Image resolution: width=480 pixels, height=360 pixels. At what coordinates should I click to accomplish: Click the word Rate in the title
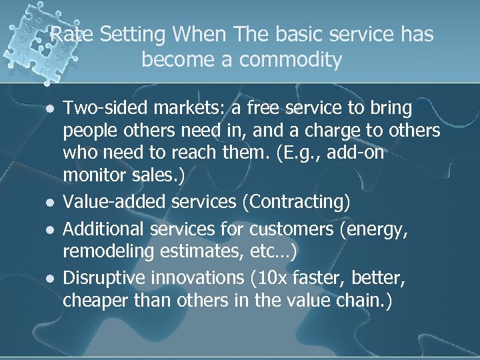pos(70,35)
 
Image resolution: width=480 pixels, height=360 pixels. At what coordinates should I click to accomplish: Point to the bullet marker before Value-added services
pos(46,203)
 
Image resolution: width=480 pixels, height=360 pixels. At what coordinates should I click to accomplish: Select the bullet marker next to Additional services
pos(46,231)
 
